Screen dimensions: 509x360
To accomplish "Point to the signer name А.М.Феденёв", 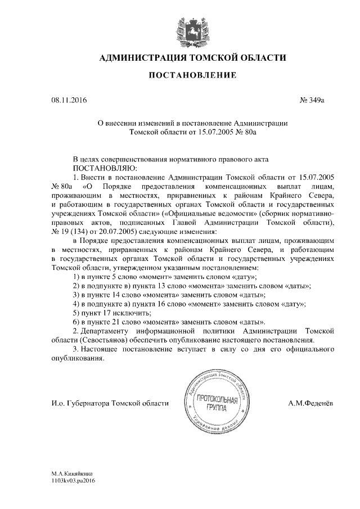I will click(x=312, y=403).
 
